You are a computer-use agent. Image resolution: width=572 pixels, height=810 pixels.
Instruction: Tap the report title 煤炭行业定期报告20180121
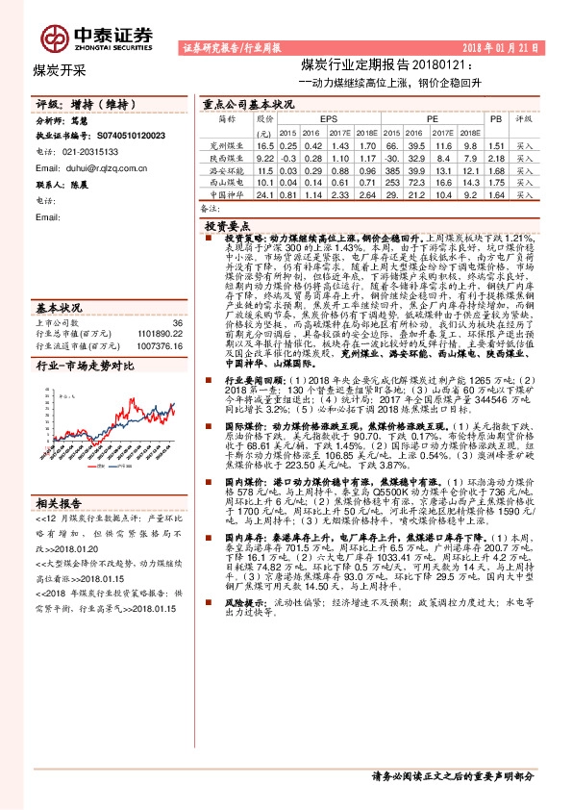click(384, 65)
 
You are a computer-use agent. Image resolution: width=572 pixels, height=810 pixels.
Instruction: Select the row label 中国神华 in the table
click(228, 195)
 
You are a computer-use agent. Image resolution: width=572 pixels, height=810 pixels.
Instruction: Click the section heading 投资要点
click(228, 222)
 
